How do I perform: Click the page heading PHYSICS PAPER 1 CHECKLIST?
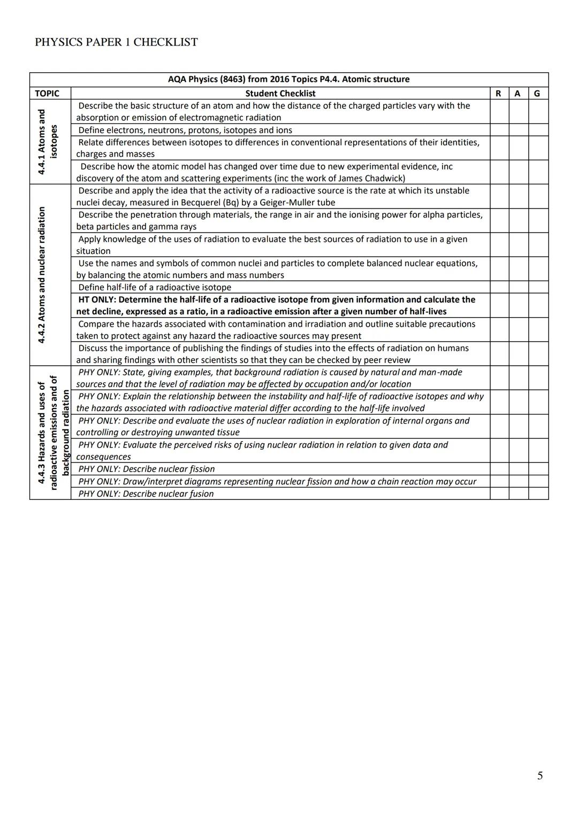tap(116, 42)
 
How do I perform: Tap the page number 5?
tap(539, 775)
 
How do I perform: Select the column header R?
tap(499, 94)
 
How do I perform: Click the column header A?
tap(518, 94)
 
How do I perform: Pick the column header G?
tap(537, 94)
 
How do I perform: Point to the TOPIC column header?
tap(47, 94)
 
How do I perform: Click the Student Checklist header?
tap(280, 94)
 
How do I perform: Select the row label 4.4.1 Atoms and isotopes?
tap(48, 142)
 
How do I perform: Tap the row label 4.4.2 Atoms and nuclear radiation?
tap(42, 275)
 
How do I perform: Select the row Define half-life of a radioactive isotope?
tap(155, 287)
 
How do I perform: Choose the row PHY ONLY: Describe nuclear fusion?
tap(146, 494)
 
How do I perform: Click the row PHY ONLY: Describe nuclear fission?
tap(146, 469)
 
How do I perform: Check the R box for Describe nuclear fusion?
tap(499, 494)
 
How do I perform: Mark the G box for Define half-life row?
tap(538, 287)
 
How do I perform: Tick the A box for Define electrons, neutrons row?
tap(518, 130)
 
